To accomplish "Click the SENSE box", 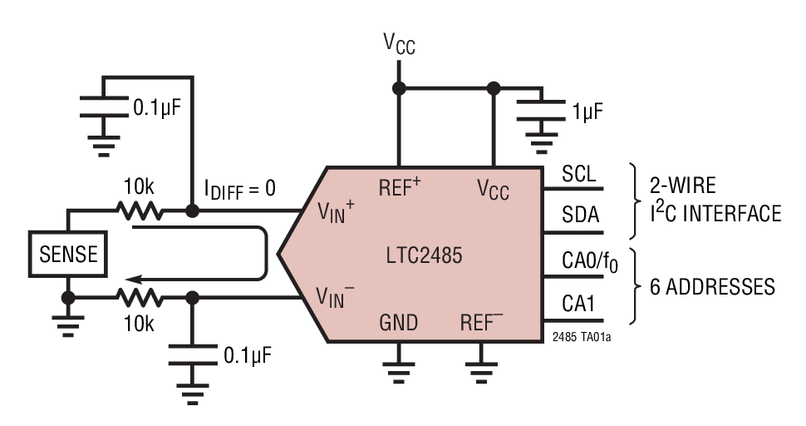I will tap(68, 253).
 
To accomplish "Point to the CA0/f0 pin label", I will tap(590, 262).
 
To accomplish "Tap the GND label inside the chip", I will tap(398, 323).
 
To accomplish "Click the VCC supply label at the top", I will tap(399, 42).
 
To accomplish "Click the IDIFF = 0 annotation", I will tap(240, 189).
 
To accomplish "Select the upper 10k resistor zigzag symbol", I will tap(140, 211).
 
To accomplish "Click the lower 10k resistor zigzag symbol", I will tap(140, 297).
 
